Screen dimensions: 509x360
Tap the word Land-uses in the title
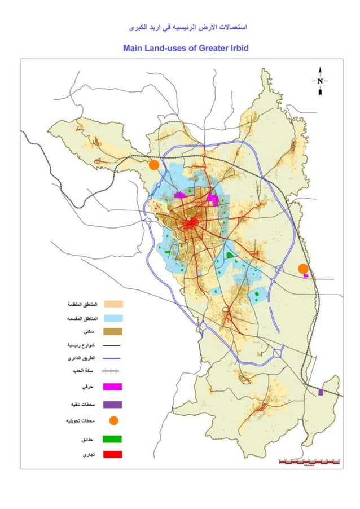click(x=167, y=48)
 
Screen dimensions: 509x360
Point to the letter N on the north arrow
click(x=320, y=81)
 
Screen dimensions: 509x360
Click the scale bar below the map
click(x=309, y=462)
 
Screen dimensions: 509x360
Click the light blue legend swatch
click(x=113, y=319)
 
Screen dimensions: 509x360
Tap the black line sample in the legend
click(x=113, y=345)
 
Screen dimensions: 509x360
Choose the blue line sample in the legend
click(x=113, y=358)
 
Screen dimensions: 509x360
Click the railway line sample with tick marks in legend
click(x=113, y=371)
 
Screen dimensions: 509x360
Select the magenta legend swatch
click(x=113, y=387)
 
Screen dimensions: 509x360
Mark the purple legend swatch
click(x=113, y=405)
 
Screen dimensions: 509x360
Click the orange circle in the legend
click(x=113, y=421)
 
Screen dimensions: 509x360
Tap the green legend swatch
click(x=113, y=439)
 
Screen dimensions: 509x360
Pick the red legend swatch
click(x=113, y=454)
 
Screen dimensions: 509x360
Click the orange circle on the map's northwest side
click(x=153, y=164)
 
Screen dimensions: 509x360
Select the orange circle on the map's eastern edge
click(x=303, y=269)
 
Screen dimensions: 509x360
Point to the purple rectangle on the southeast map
click(x=321, y=392)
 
